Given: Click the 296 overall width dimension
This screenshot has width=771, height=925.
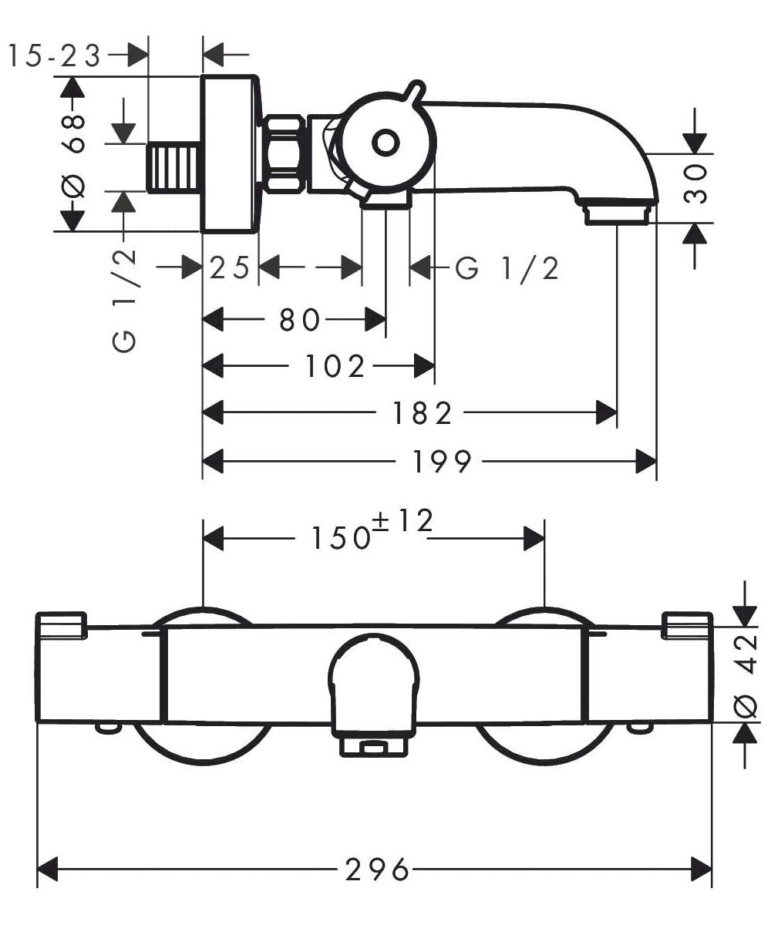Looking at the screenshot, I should click(375, 869).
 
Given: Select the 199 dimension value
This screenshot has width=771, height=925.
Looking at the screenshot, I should click(441, 461).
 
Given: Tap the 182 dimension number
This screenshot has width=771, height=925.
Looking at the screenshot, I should click(423, 414).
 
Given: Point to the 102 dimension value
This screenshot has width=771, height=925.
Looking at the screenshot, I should click(335, 366).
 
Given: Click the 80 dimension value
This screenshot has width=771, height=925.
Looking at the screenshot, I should click(299, 318).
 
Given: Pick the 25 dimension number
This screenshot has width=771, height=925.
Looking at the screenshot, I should click(230, 268).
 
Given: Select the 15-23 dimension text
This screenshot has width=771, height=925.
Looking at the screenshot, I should click(54, 55).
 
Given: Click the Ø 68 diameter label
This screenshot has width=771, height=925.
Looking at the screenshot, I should click(74, 154).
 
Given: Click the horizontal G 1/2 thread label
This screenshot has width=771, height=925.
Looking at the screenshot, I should click(507, 268).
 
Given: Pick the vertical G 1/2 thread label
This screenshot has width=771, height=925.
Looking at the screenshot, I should click(126, 301).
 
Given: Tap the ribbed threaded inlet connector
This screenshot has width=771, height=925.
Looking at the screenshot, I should click(174, 166).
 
